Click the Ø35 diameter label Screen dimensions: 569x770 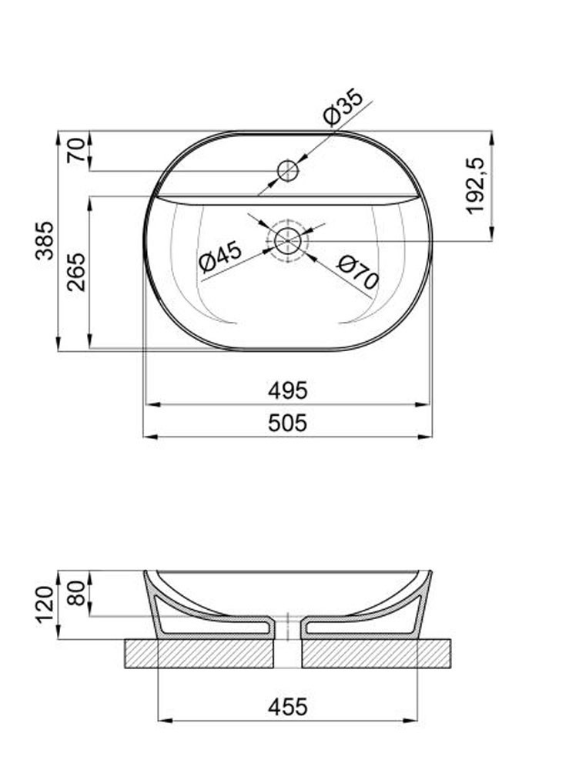click(x=343, y=106)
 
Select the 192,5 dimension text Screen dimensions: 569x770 click(x=476, y=186)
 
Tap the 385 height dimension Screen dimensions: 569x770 click(x=46, y=240)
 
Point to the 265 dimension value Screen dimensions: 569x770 click(x=76, y=272)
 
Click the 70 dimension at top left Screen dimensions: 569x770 click(x=76, y=151)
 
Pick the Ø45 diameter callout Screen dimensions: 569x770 click(x=220, y=257)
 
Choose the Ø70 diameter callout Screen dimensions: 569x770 click(x=358, y=272)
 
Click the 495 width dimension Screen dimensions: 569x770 click(x=288, y=391)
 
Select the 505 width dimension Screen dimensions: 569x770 click(x=288, y=423)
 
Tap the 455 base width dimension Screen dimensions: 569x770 click(x=288, y=708)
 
